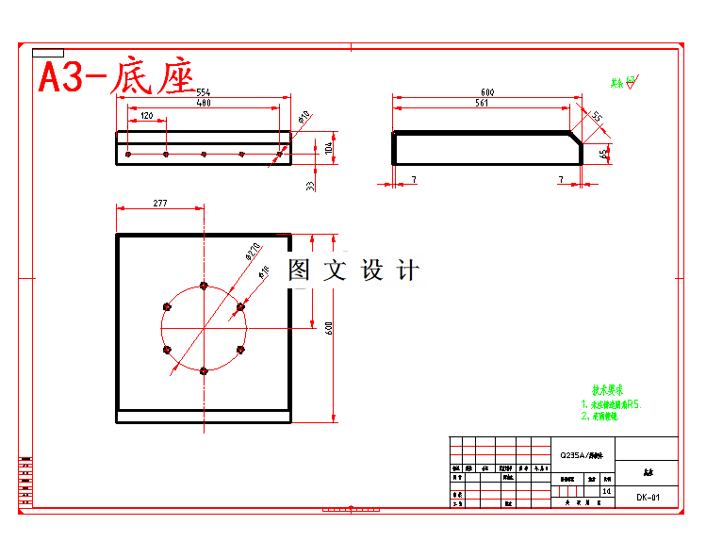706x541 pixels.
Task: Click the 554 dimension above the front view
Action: pos(203,92)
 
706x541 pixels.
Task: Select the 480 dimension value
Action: pos(203,103)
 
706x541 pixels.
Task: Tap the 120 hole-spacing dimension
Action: pos(146,116)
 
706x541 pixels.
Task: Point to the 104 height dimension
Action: pos(328,148)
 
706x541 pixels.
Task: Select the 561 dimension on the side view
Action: pos(482,103)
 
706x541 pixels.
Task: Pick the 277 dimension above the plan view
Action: pos(159,203)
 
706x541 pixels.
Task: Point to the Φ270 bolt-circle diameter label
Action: pos(253,251)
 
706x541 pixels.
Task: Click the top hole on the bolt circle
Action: pos(203,285)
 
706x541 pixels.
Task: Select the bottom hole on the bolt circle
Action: pos(203,371)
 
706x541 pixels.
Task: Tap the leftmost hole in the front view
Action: pos(128,153)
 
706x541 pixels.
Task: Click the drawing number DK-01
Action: pos(648,497)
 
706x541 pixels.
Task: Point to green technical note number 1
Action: pos(611,404)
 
